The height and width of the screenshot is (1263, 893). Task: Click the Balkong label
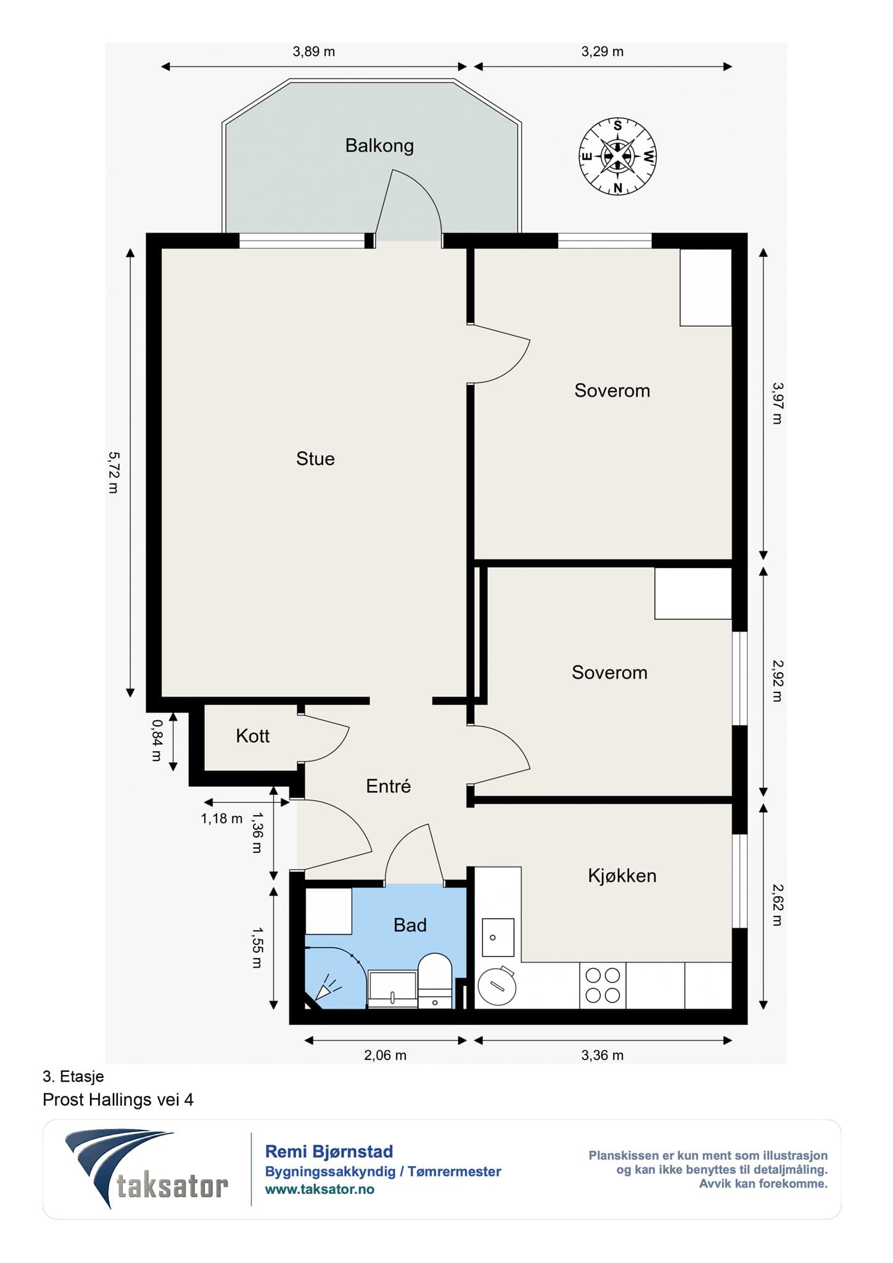379,146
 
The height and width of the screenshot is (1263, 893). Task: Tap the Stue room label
315,459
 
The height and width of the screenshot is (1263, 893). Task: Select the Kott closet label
253,736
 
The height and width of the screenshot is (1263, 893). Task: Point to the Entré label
388,786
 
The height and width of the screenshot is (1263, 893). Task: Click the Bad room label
410,925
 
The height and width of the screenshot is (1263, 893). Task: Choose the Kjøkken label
622,876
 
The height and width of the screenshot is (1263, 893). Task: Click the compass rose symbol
617,156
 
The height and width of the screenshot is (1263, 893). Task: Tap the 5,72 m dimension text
114,472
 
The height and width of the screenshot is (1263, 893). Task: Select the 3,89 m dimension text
314,51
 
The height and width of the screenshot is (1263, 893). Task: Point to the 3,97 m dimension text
777,403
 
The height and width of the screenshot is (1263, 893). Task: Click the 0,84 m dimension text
157,740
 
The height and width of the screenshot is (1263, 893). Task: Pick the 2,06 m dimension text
385,1055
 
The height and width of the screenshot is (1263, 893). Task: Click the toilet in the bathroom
435,981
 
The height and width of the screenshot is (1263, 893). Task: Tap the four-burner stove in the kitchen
603,985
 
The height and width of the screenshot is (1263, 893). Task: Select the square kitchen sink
498,937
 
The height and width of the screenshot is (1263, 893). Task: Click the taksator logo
147,1170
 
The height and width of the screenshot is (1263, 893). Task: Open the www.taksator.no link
319,1190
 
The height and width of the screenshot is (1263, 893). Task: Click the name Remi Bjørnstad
329,1151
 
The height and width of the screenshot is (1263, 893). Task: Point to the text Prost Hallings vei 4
118,1100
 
